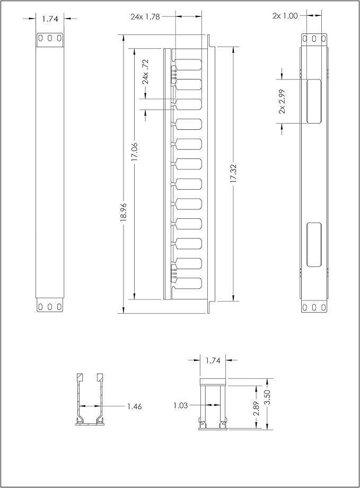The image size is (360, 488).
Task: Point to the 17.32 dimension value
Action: pyautogui.click(x=233, y=173)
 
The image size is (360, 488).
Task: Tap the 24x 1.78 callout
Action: pyautogui.click(x=145, y=16)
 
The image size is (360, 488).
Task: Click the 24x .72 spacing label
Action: pyautogui.click(x=146, y=72)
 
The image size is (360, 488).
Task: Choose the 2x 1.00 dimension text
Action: pyautogui.click(x=285, y=16)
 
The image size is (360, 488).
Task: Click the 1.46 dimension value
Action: pyautogui.click(x=134, y=406)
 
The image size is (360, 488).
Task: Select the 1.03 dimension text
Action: pyautogui.click(x=181, y=405)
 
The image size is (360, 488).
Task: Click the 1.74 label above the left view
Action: pyautogui.click(x=50, y=19)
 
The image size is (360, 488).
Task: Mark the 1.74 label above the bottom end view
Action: pyautogui.click(x=213, y=360)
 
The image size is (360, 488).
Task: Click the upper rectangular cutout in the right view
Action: pyautogui.click(x=313, y=101)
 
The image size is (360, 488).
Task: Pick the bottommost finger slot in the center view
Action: pyautogui.click(x=189, y=283)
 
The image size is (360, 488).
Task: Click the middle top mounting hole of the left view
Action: pyautogui.click(x=50, y=38)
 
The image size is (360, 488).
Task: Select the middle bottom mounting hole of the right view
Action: pyautogui.click(x=314, y=307)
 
